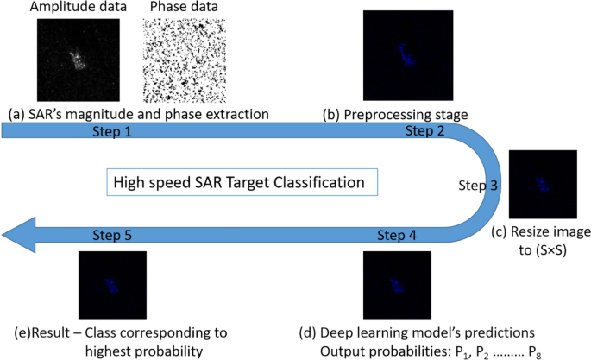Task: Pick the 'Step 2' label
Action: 425,132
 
